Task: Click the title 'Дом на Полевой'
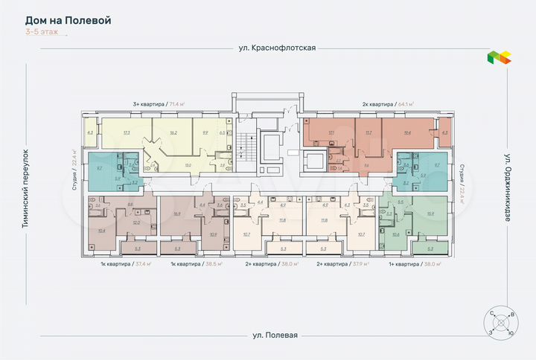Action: coord(68,20)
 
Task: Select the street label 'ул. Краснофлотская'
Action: coord(267,48)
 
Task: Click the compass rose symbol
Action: coord(500,323)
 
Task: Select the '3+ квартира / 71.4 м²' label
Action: coord(158,105)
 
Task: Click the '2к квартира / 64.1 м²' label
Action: coord(387,105)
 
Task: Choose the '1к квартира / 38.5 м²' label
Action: coord(197,264)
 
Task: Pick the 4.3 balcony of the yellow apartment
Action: coord(90,132)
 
